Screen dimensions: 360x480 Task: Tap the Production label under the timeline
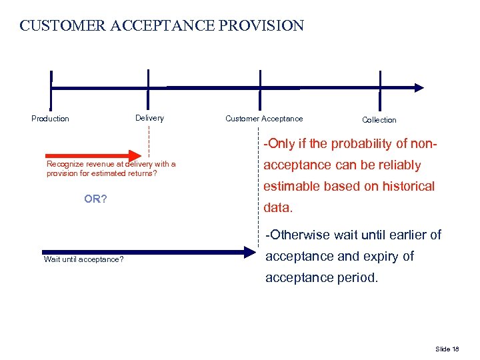pyautogui.click(x=50, y=119)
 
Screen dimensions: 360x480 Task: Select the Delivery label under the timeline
pyautogui.click(x=149, y=118)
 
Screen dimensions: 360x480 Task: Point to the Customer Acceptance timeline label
pyautogui.click(x=264, y=119)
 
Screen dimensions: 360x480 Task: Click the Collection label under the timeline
pyautogui.click(x=379, y=120)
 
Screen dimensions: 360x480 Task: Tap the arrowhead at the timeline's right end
pyautogui.click(x=419, y=87)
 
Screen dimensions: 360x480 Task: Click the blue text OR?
pyautogui.click(x=96, y=199)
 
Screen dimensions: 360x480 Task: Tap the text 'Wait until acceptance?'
pyautogui.click(x=83, y=259)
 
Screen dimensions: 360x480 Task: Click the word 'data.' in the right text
pyautogui.click(x=278, y=207)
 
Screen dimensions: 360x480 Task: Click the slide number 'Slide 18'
pyautogui.click(x=447, y=349)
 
